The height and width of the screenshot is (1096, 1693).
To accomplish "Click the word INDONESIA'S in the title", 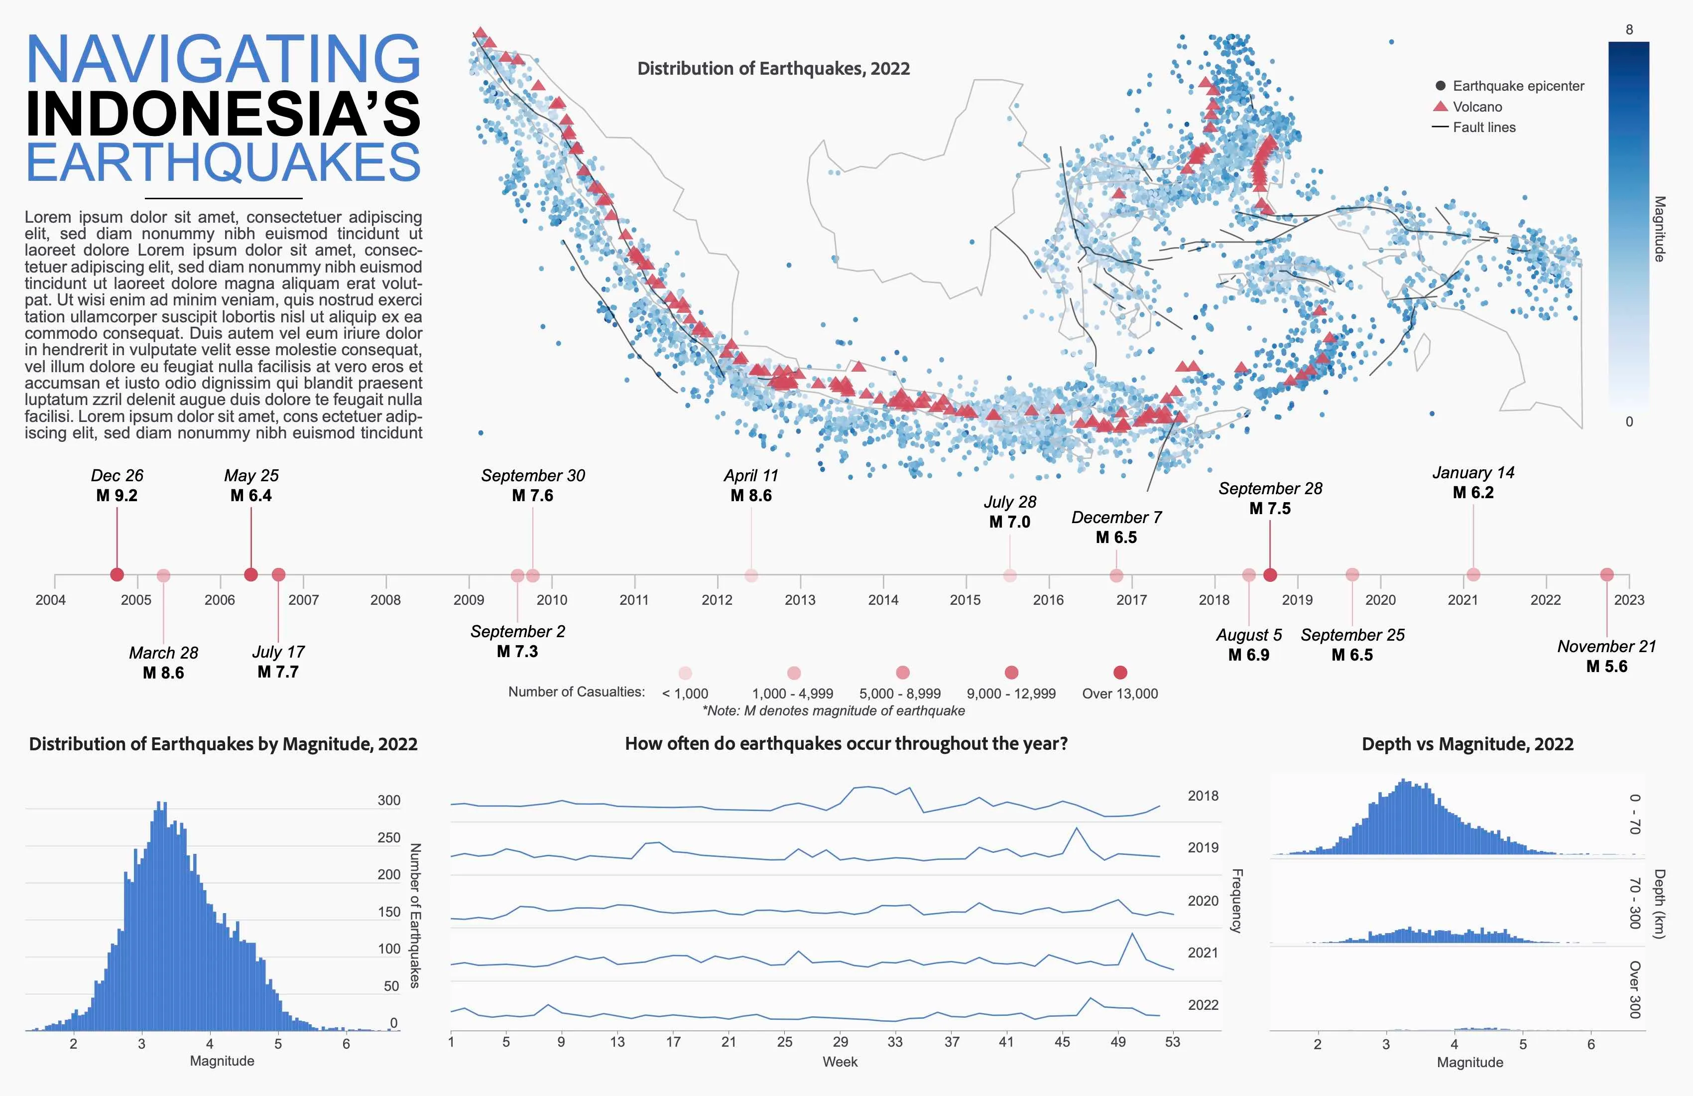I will pyautogui.click(x=223, y=114).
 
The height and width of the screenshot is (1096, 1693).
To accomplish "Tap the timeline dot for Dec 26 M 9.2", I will pyautogui.click(x=118, y=574).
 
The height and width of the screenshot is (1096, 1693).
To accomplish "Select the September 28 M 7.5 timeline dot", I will pyautogui.click(x=1270, y=574).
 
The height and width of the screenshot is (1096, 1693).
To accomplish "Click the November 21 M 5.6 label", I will pyautogui.click(x=1606, y=656).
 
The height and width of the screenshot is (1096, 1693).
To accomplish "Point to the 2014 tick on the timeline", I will pyautogui.click(x=883, y=599).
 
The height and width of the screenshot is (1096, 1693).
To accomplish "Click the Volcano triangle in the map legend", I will pyautogui.click(x=1441, y=106).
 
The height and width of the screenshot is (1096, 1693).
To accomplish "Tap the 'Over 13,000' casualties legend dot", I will pyautogui.click(x=1120, y=673).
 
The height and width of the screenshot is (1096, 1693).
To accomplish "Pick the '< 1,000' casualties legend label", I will pyautogui.click(x=685, y=693).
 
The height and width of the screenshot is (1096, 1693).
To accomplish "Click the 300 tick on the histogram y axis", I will pyautogui.click(x=388, y=800).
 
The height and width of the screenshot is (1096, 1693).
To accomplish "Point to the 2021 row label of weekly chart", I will pyautogui.click(x=1203, y=952).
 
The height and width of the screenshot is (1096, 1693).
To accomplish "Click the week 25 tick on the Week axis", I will pyautogui.click(x=785, y=1042).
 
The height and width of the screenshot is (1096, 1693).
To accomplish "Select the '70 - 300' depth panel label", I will pyautogui.click(x=1635, y=903).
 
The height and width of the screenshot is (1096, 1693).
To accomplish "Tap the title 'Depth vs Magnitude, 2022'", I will pyautogui.click(x=1467, y=744).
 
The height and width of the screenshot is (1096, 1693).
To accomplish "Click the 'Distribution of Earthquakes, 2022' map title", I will pyautogui.click(x=773, y=69).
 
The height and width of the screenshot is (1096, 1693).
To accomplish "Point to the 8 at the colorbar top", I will pyautogui.click(x=1629, y=30).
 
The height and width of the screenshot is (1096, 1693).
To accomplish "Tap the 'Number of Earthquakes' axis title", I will pyautogui.click(x=415, y=915).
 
